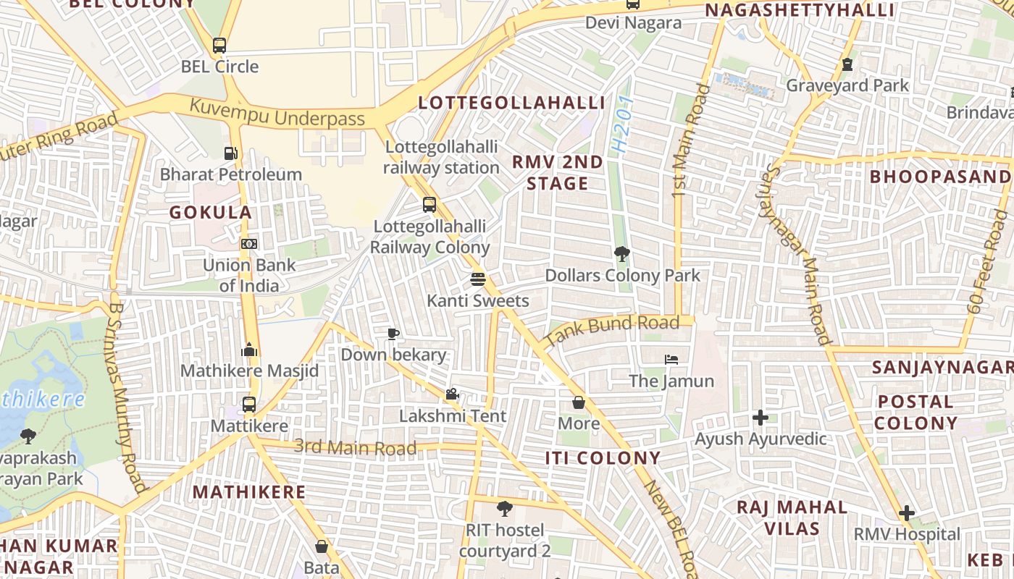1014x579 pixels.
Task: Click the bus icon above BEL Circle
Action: coord(219,46)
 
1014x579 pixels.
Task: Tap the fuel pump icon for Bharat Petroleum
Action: coord(230,153)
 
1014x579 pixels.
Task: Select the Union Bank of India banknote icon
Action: coord(249,244)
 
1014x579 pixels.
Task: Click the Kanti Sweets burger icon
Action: coord(477,279)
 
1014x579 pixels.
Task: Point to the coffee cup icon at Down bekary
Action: coord(393,334)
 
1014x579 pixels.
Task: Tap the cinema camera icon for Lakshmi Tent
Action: coord(453,394)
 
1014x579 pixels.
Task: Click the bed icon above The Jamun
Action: coord(671,360)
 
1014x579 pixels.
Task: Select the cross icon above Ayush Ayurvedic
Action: coord(760,418)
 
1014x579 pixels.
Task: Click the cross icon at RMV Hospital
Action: coord(906,513)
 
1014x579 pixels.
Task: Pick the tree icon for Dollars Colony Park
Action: coord(621,254)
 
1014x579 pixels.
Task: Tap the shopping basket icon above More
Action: coord(579,402)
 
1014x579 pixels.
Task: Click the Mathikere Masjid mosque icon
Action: coord(249,350)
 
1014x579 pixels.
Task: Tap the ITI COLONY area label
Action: coord(603,457)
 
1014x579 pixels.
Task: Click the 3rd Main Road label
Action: coord(355,447)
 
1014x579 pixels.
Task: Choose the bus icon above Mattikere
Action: coord(249,405)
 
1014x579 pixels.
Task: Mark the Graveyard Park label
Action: coord(847,85)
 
